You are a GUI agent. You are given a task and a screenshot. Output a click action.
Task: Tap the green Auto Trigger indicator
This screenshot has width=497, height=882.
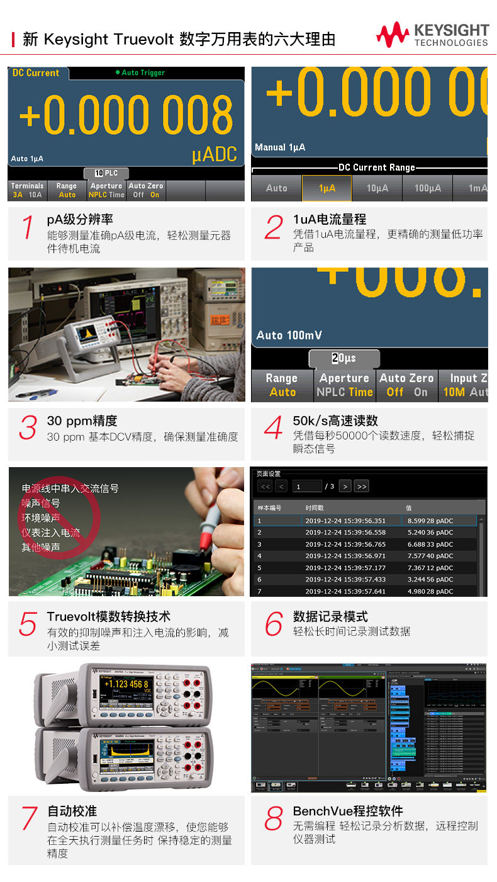pos(140,73)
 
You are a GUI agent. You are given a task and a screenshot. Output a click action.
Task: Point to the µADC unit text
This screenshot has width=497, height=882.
pos(215,155)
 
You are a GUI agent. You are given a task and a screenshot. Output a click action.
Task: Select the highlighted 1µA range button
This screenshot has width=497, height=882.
pos(327,188)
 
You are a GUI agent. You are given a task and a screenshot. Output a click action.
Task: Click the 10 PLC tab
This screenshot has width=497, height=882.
pos(106,173)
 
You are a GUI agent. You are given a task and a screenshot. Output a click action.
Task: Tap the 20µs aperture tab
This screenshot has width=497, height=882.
pos(343,358)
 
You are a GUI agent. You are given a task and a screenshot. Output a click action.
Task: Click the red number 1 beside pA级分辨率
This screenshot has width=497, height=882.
pos(27,227)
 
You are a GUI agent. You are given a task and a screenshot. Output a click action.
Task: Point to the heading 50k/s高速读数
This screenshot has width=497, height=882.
pos(335,421)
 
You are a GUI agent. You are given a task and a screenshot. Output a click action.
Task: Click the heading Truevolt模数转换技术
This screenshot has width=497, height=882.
pos(108,616)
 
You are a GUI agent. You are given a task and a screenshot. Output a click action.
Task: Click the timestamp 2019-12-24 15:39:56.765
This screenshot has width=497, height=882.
pos(345,544)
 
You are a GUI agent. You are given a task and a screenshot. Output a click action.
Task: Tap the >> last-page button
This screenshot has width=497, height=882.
pos(360,486)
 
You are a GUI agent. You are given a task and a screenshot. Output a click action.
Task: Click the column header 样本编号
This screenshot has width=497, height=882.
pos(269,507)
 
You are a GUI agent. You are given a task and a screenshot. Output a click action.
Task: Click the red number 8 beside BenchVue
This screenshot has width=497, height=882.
pos(273,818)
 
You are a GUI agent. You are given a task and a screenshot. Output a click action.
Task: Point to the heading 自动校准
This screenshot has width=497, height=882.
pos(72,811)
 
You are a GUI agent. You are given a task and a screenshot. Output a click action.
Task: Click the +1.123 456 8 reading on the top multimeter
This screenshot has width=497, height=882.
pos(126,684)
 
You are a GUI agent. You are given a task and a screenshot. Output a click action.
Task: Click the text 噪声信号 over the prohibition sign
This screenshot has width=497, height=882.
pos(41,503)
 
